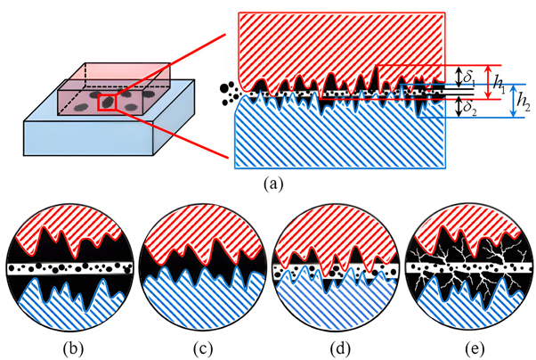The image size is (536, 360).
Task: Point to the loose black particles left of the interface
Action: (x=230, y=90)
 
